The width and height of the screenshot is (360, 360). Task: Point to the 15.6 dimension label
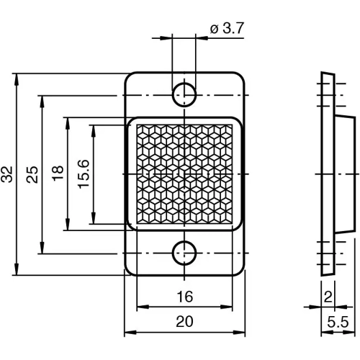84,174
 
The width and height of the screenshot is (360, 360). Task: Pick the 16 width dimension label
184,297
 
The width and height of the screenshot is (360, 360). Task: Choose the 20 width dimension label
184,323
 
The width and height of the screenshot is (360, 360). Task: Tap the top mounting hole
185,92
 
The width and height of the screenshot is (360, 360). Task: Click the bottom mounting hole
185,251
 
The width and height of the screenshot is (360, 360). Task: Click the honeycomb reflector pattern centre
184,174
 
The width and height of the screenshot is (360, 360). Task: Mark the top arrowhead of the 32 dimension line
16,76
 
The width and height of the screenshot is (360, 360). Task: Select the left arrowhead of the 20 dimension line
128,333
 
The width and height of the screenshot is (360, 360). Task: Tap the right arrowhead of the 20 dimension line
242,333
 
